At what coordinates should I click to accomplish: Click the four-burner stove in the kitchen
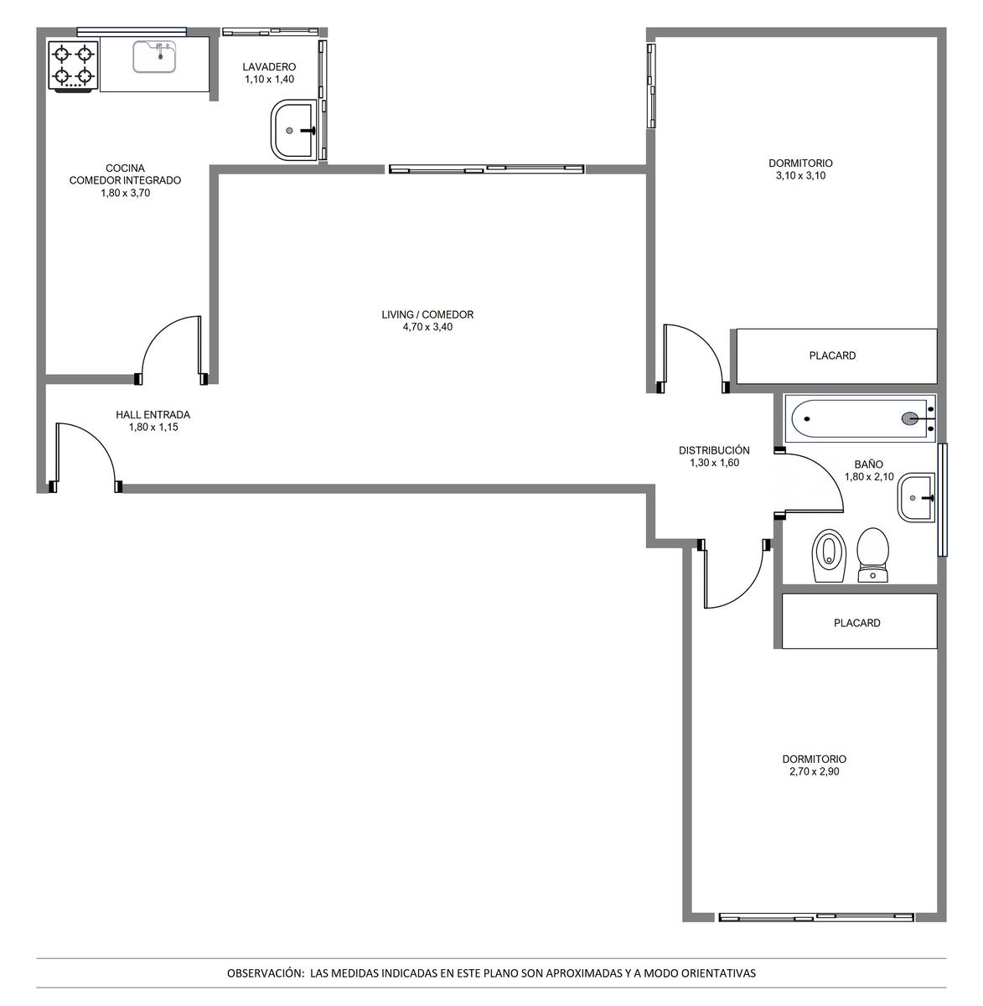pyautogui.click(x=73, y=67)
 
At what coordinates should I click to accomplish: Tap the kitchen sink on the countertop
pyautogui.click(x=155, y=57)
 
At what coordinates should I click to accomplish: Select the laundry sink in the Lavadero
pyautogui.click(x=292, y=131)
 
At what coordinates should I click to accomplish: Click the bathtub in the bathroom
pyautogui.click(x=860, y=418)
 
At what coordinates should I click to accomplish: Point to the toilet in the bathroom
pyautogui.click(x=873, y=555)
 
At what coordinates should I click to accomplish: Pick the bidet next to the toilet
pyautogui.click(x=829, y=556)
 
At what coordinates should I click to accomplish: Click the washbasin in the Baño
pyautogui.click(x=916, y=497)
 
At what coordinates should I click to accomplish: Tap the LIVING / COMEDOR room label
pyautogui.click(x=427, y=314)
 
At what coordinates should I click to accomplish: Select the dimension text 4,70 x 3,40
pyautogui.click(x=427, y=327)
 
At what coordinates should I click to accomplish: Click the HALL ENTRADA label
pyautogui.click(x=153, y=415)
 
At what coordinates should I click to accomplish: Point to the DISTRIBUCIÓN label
pyautogui.click(x=714, y=450)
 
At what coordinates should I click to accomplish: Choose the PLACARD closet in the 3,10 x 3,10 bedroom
pyautogui.click(x=836, y=356)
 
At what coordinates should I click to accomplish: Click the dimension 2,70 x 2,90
pyautogui.click(x=814, y=771)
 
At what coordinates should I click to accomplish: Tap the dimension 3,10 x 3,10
pyautogui.click(x=800, y=175)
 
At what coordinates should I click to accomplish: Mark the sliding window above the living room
pyautogui.click(x=486, y=169)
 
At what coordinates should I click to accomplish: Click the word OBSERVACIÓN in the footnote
pyautogui.click(x=265, y=973)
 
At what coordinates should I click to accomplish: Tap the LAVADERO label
pyautogui.click(x=269, y=67)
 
